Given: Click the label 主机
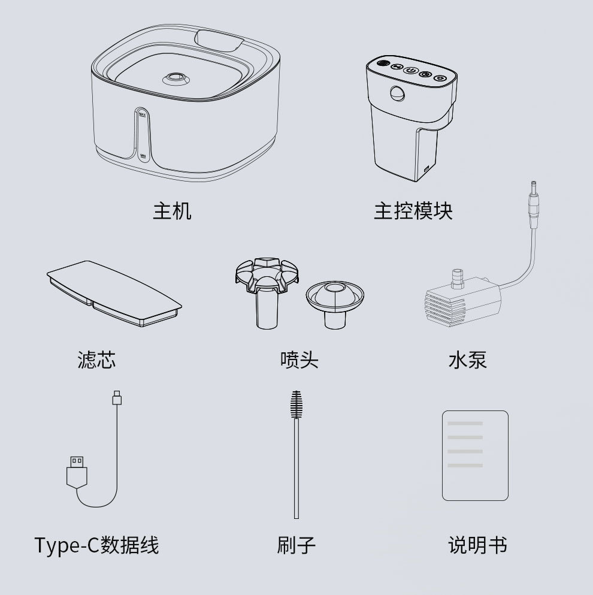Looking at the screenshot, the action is click(172, 211).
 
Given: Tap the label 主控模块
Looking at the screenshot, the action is click(413, 211).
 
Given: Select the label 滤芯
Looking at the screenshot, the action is click(96, 360).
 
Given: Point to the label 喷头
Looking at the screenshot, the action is click(299, 360).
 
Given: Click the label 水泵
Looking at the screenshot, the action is click(467, 360).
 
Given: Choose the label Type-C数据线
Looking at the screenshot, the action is click(96, 545).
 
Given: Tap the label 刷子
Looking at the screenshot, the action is click(296, 545).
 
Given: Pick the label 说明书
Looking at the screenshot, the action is click(477, 545).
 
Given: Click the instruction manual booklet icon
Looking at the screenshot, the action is click(475, 455).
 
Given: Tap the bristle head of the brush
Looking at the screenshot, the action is click(296, 406).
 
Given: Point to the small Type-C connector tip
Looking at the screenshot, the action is click(117, 397).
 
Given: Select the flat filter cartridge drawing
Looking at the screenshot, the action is click(114, 294).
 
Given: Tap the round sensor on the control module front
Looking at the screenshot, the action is click(397, 93).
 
